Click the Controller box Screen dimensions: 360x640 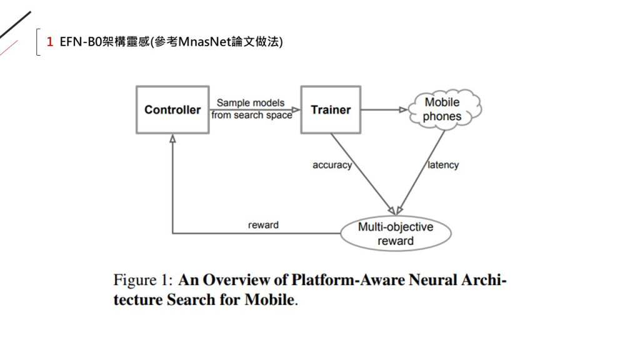click(172, 110)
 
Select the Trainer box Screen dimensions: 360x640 click(331, 110)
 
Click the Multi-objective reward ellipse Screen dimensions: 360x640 click(395, 234)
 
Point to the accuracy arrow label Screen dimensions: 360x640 click(332, 165)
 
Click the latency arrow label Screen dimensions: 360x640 click(443, 165)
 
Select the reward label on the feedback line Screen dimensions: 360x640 click(263, 225)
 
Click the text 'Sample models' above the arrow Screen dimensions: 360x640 click(251, 103)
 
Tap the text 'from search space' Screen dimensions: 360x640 click(251, 116)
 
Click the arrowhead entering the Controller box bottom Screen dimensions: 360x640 click(172, 138)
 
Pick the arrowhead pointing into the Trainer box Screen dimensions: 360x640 click(296, 110)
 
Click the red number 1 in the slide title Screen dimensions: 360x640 click(49, 42)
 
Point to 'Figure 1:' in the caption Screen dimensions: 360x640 click(142, 279)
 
